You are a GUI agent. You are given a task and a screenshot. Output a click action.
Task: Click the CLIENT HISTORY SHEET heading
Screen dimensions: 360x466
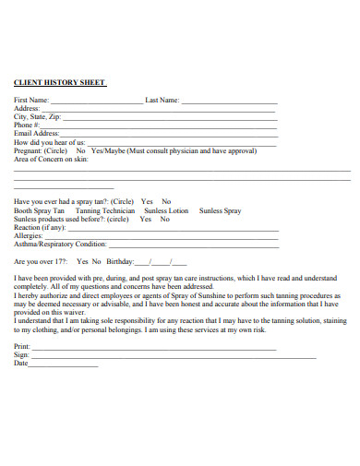click(60, 81)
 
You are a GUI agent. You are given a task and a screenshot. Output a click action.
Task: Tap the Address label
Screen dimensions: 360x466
click(27, 109)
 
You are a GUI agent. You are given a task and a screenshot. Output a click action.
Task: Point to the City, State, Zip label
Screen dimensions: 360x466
click(38, 117)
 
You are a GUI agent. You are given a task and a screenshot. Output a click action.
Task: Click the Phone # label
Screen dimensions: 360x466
click(28, 125)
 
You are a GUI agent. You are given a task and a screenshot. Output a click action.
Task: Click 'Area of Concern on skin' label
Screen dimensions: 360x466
click(51, 160)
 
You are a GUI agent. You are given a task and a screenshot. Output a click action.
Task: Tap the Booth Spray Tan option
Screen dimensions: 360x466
click(40, 211)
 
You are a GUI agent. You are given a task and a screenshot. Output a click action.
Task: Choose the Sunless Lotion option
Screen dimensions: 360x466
click(167, 211)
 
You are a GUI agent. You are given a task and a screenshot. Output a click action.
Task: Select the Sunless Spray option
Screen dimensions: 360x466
click(220, 211)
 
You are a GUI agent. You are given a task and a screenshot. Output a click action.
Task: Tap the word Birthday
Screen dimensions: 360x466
click(120, 262)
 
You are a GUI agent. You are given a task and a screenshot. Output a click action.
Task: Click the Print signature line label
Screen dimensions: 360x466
click(22, 346)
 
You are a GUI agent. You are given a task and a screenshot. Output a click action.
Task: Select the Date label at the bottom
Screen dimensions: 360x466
click(21, 364)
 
